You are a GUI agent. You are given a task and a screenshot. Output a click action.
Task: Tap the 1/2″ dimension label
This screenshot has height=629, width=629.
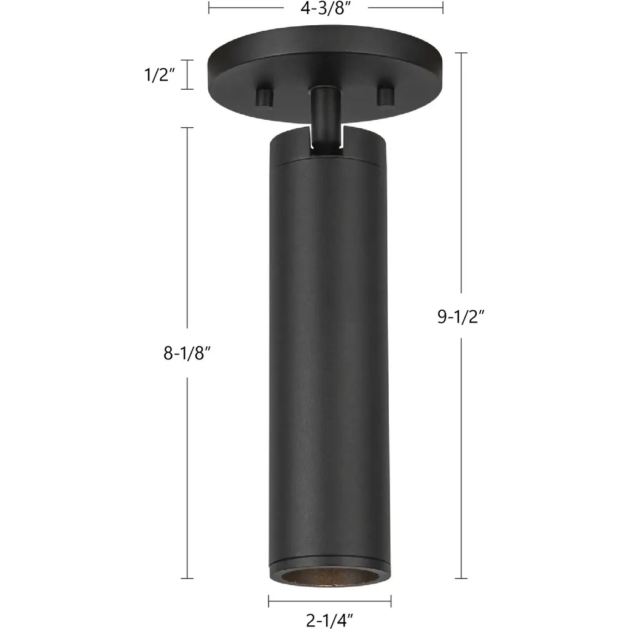coord(160,74)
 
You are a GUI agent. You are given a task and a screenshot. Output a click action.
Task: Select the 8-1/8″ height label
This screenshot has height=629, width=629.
coord(187,353)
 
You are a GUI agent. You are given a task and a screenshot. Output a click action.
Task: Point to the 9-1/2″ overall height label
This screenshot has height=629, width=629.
coord(461,316)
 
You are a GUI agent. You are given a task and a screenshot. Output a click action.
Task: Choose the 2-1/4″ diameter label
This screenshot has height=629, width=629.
coord(329,620)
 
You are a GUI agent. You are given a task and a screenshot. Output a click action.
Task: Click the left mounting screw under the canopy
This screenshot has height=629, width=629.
coord(265,95)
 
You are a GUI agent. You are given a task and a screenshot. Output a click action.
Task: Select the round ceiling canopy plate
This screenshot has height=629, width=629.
coord(325,72)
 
